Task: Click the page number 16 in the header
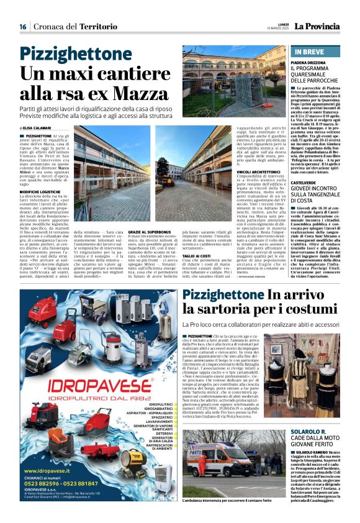point(22,26)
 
